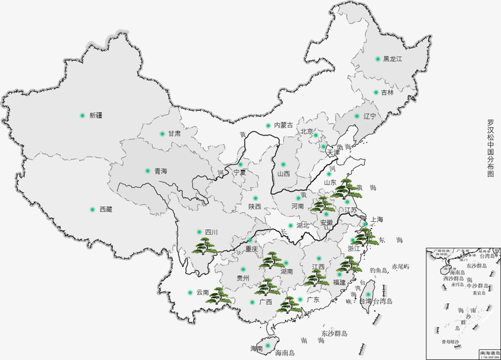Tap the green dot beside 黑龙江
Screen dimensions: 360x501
click(377, 59)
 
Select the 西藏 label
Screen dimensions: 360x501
click(106, 209)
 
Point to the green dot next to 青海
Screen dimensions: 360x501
click(148, 171)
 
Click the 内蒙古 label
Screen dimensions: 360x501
click(284, 125)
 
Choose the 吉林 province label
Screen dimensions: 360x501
click(387, 93)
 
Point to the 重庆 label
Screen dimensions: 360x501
click(251, 250)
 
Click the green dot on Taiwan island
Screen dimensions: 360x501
click(367, 294)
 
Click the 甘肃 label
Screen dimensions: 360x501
click(174, 134)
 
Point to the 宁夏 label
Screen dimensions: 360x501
click(239, 172)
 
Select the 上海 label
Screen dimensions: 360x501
click(376, 220)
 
